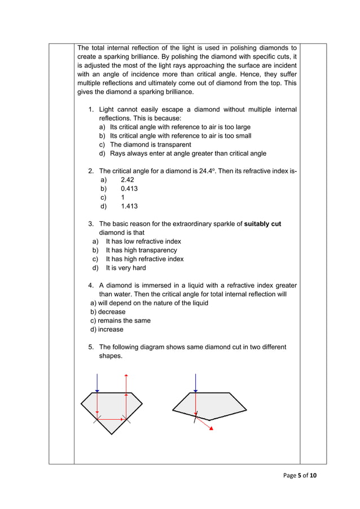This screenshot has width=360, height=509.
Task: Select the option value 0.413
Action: coord(129,188)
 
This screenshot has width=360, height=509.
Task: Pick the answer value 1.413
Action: coord(129,207)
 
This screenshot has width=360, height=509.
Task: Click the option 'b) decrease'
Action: coord(108,311)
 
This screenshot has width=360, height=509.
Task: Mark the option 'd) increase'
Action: coord(107,330)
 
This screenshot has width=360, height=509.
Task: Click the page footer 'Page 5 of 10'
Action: coord(300,476)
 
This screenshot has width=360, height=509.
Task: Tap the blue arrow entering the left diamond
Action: coord(97,383)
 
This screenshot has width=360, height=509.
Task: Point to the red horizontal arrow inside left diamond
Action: coord(112,419)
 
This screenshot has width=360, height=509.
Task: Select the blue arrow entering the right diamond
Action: coord(195,383)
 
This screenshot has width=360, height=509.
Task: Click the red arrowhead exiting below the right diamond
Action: coord(211,428)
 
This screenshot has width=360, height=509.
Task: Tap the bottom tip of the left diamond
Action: coord(112,433)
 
